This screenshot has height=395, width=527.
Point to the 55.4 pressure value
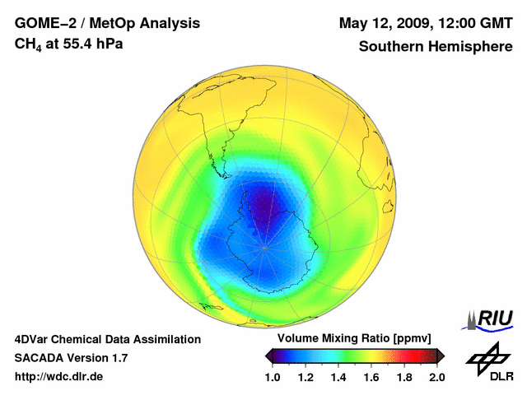(77, 44)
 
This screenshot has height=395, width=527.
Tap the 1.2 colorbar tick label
(305, 377)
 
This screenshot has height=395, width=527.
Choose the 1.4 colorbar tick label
(338, 377)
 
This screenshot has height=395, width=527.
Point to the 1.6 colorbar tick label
(371, 377)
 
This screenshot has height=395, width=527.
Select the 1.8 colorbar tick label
(404, 377)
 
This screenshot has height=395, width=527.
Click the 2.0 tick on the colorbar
(436, 377)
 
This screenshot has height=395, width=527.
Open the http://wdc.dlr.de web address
(59, 377)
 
